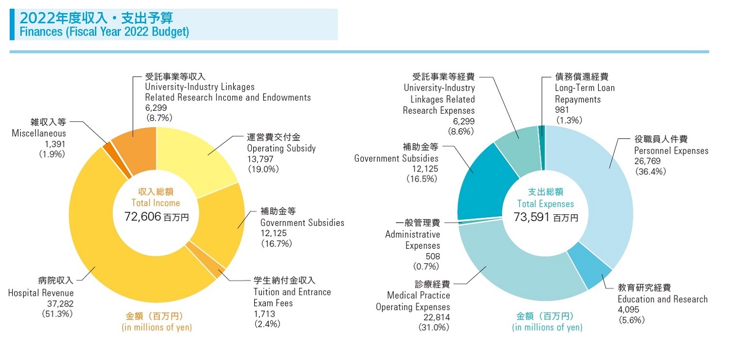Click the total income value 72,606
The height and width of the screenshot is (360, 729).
143,217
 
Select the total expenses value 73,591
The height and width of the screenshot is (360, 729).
532,217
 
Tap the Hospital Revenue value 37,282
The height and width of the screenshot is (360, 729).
60,304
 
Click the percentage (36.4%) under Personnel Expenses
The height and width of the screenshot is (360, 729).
650,171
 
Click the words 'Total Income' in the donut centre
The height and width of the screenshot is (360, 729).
156,203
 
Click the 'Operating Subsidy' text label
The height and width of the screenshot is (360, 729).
281,148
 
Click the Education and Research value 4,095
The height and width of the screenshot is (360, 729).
628,309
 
